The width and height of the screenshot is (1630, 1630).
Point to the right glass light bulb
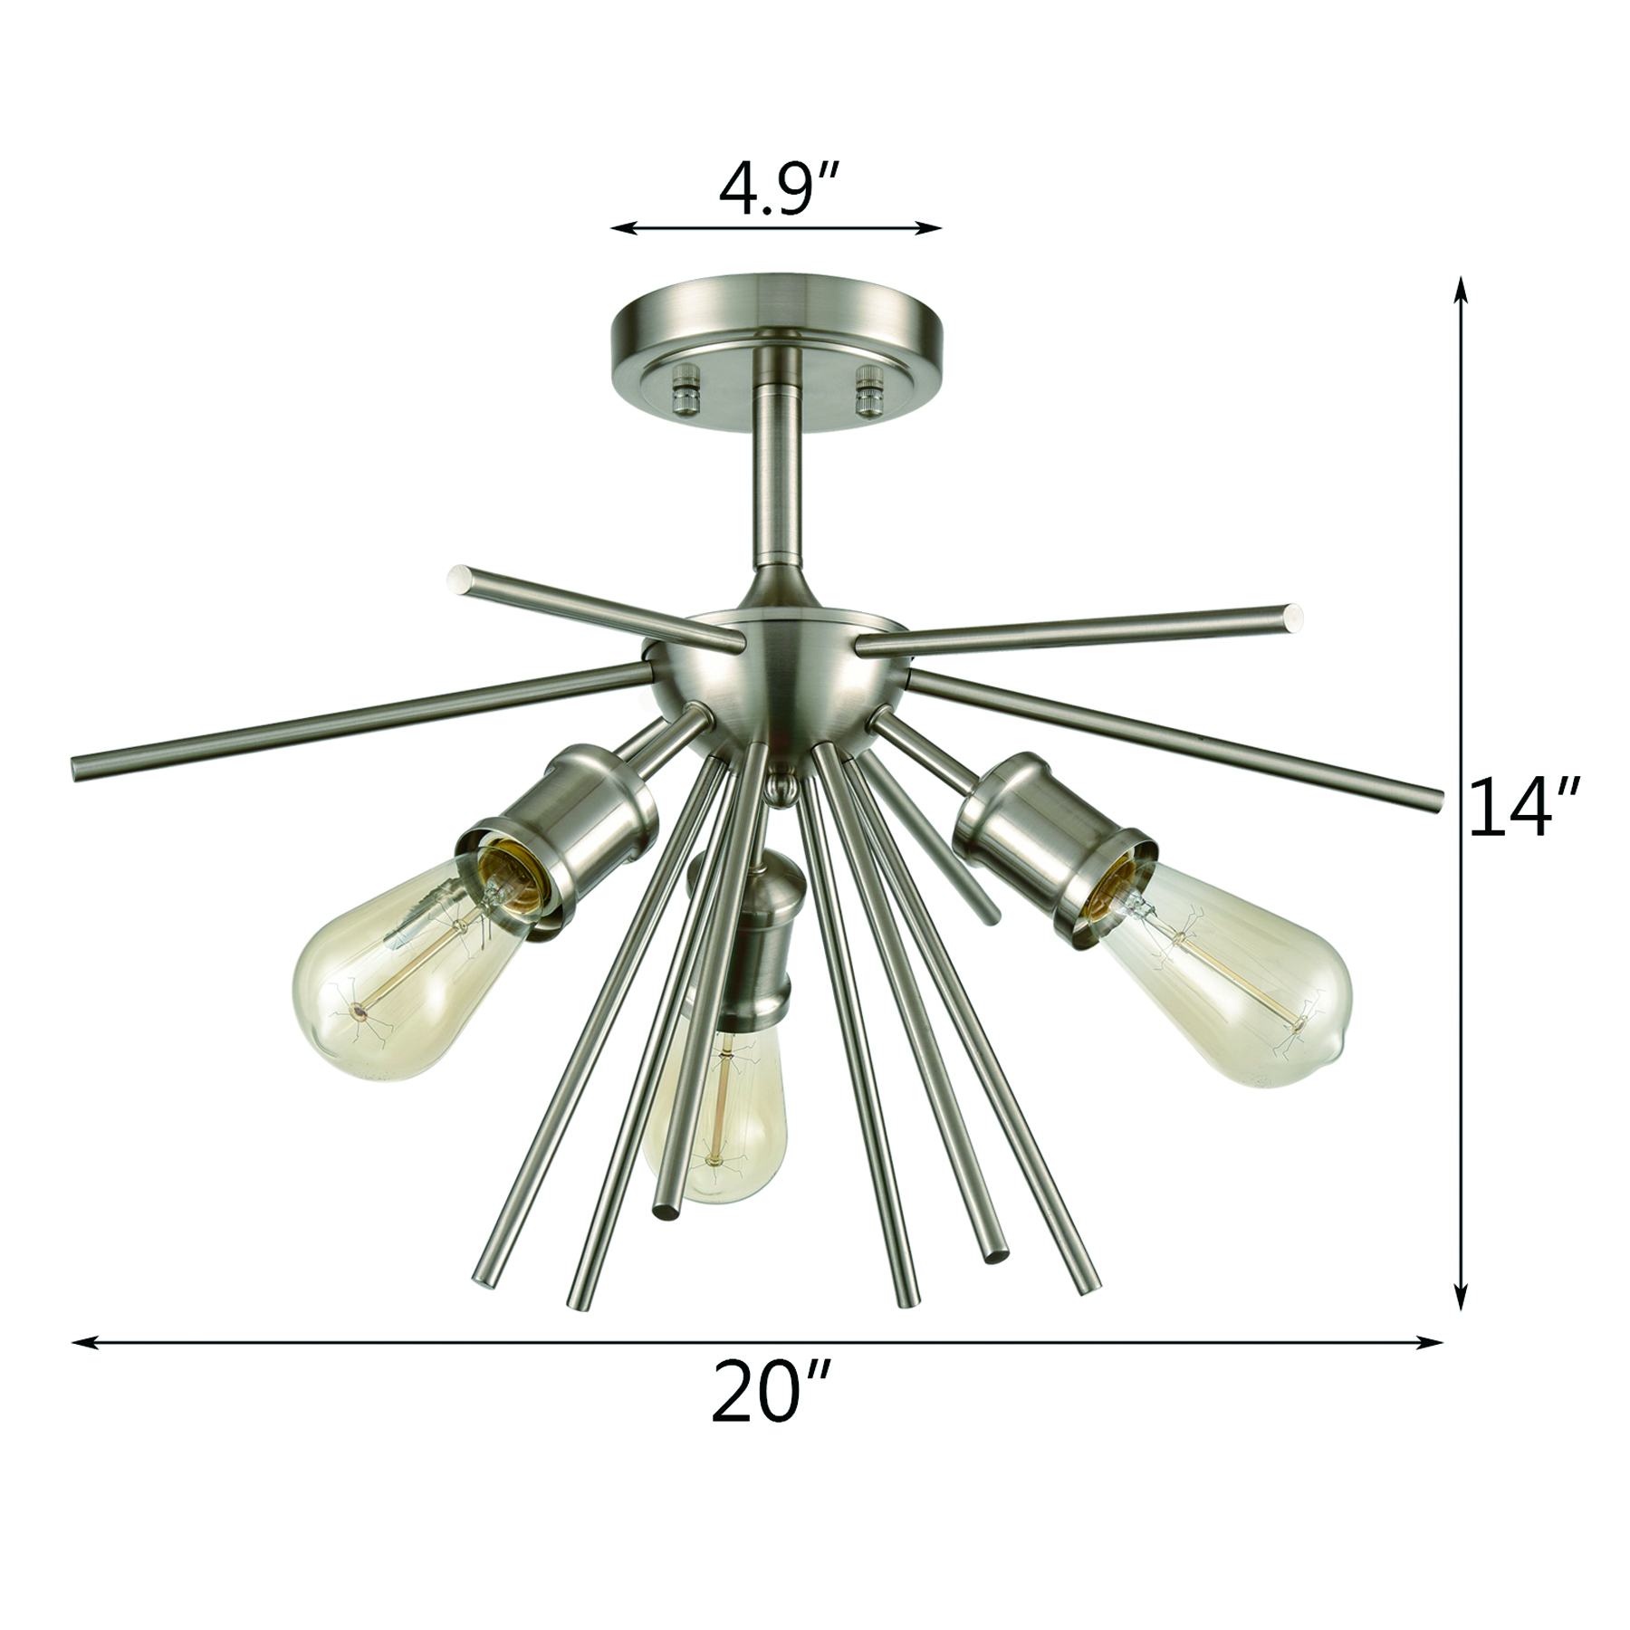[1225, 970]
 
